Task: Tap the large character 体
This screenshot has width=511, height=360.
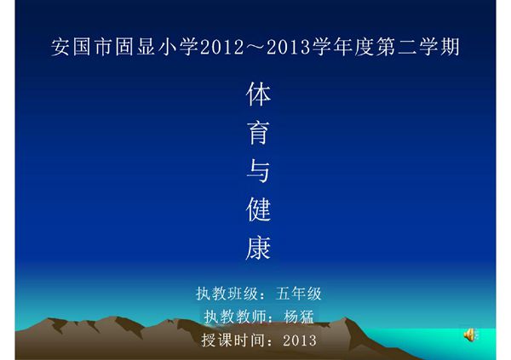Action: (x=258, y=94)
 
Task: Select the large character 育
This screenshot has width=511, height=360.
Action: (x=258, y=133)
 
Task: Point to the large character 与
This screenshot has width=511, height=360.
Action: (x=258, y=171)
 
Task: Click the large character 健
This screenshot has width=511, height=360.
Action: (x=258, y=209)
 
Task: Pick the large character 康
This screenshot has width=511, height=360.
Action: (x=258, y=248)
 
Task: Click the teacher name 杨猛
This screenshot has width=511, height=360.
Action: (x=298, y=317)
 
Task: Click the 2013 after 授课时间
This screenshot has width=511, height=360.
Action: (x=297, y=340)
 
